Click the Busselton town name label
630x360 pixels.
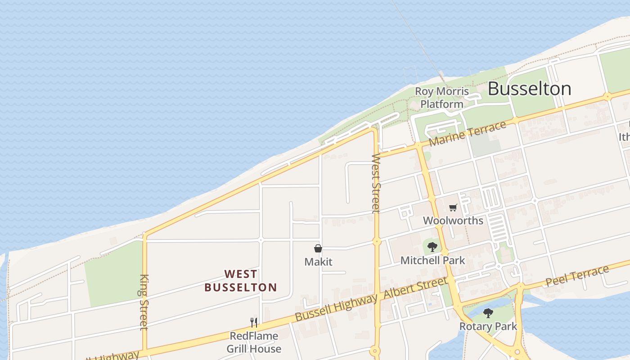pos(529,89)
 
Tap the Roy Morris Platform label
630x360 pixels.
pos(441,98)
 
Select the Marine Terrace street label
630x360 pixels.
pos(468,134)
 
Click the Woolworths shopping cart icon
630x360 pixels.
pos(453,207)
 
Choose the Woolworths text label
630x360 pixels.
pos(453,220)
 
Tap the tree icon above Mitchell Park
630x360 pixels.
pos(432,247)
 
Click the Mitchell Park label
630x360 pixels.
pos(432,260)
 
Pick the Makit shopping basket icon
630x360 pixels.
pos(318,248)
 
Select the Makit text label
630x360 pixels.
pos(318,261)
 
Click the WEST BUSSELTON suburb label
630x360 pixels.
pos(241,280)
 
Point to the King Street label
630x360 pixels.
pos(144,302)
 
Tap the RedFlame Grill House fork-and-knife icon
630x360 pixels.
pos(254,322)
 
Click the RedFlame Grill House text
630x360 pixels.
pos(254,342)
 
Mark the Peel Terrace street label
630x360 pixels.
pos(577,276)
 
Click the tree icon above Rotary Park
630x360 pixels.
pos(488,313)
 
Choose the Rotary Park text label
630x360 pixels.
pos(488,326)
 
